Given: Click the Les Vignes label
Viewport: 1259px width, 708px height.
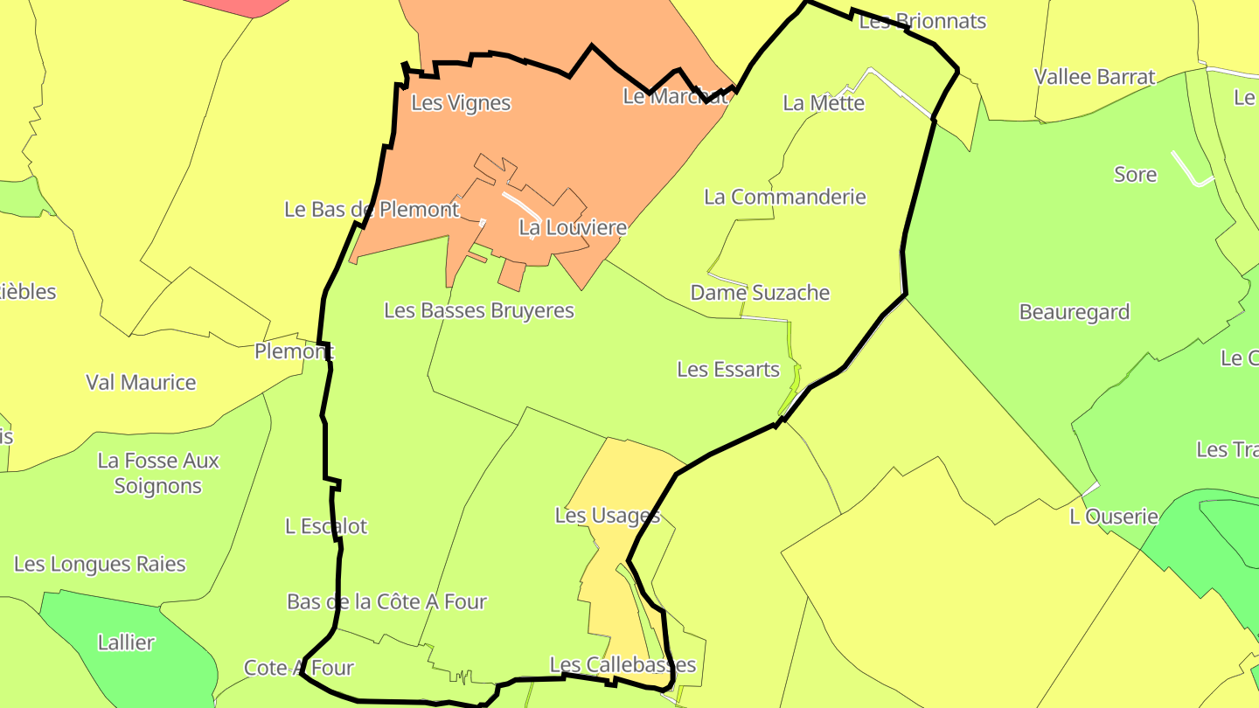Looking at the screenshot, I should [461, 103].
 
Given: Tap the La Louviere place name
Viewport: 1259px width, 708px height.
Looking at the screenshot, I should [573, 228].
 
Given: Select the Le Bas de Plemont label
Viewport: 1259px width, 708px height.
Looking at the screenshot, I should [372, 210].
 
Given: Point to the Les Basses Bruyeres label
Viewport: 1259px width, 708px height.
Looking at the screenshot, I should [479, 310].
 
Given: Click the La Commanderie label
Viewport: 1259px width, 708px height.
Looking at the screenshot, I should [785, 197].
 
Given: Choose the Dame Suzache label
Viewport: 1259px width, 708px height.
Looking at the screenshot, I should [760, 293].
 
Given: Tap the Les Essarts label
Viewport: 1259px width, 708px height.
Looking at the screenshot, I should [728, 370].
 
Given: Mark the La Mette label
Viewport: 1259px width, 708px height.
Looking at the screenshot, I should [824, 103].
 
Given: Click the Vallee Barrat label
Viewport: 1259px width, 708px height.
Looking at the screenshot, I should [1095, 77].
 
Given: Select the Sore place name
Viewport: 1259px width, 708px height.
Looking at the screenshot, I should [1136, 175].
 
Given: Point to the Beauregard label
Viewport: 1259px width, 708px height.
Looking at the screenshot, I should [1075, 312].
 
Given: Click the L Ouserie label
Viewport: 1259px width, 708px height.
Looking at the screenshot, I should [1114, 517].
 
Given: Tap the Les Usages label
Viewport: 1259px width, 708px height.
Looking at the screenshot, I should [607, 516].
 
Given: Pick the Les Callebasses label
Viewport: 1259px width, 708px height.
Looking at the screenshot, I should [623, 665].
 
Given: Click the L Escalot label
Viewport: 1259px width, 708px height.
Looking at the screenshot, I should [326, 526].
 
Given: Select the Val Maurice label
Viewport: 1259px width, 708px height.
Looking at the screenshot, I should [141, 383].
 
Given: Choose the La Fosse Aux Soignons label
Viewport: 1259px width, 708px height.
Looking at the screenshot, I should [158, 473].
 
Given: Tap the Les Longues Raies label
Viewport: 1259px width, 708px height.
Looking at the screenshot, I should [100, 564].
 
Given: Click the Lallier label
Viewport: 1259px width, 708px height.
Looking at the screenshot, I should [126, 642].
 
